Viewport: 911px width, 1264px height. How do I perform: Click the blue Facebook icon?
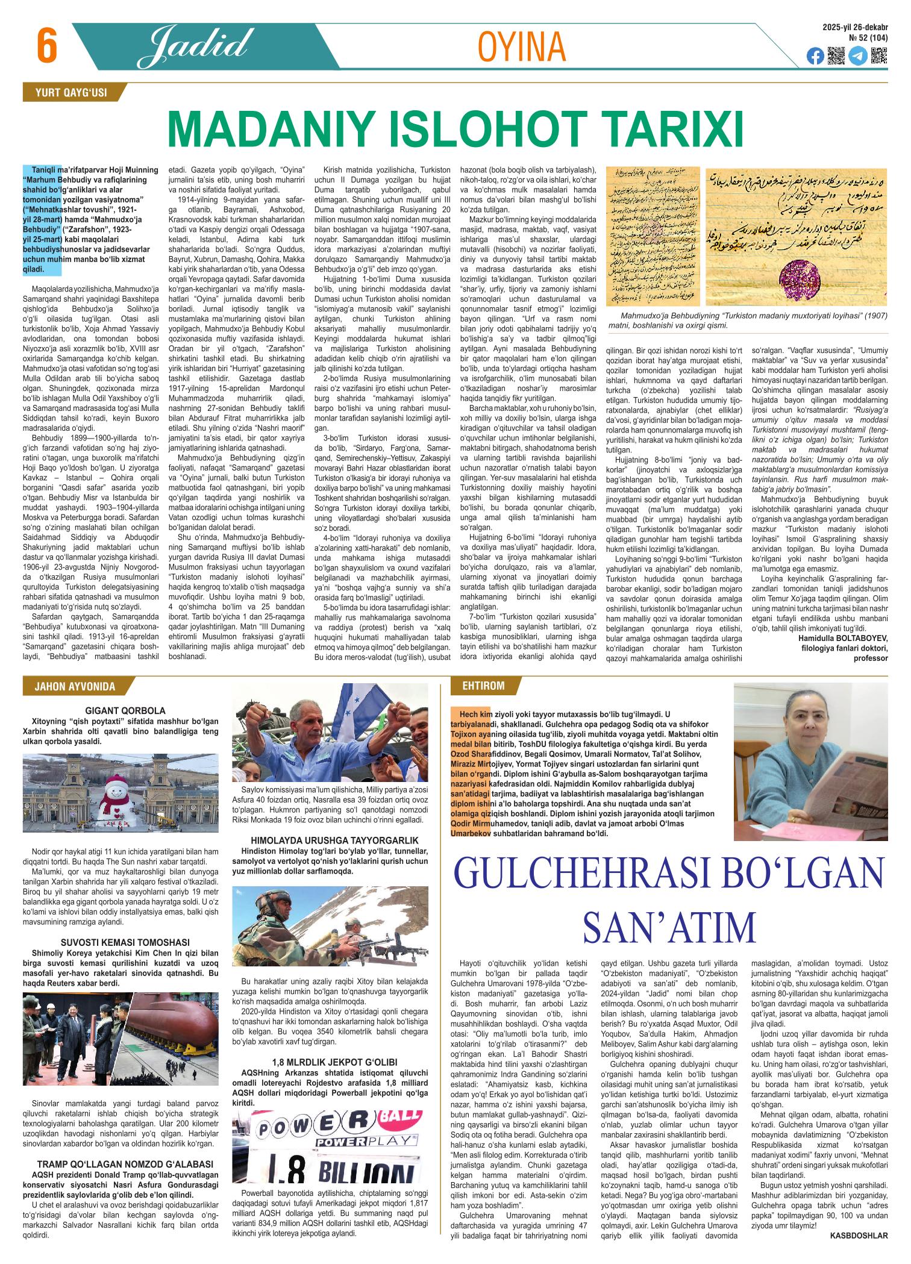pos(815,56)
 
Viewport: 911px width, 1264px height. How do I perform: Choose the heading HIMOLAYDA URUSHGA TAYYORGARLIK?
pos(335,840)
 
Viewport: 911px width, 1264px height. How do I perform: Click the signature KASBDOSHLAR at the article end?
pos(859,1248)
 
